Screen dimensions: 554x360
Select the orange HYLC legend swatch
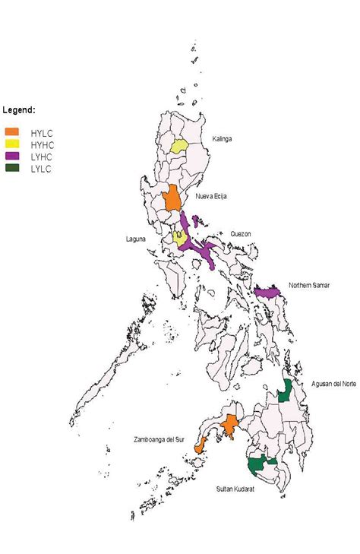pos(11,131)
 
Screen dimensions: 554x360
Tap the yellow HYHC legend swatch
pos(11,144)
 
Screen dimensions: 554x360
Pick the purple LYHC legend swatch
pos(11,155)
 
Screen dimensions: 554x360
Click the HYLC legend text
pos(41,132)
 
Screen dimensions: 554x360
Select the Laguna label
pos(136,239)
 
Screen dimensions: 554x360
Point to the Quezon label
pos(240,234)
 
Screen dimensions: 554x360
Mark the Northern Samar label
pos(310,286)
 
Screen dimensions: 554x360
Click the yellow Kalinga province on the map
pos(179,145)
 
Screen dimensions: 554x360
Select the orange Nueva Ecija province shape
pos(172,198)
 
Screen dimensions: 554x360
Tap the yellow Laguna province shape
pos(179,237)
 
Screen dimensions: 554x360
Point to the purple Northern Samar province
pos(267,293)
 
